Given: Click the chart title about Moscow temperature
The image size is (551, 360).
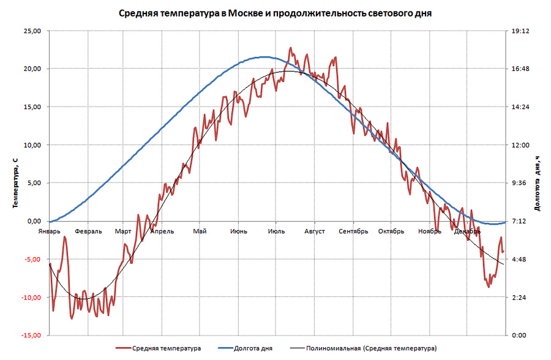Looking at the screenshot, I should pyautogui.click(x=275, y=13).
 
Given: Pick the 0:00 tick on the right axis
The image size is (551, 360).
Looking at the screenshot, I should pyautogui.click(x=520, y=336).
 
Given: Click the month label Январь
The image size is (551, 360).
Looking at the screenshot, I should pyautogui.click(x=49, y=231).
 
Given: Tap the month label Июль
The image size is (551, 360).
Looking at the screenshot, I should pyautogui.click(x=275, y=231).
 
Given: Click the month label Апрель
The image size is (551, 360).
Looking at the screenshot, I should pyautogui.click(x=162, y=231).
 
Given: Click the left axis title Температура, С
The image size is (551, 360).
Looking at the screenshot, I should pyautogui.click(x=13, y=182).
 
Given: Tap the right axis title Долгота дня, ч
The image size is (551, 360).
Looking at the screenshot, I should pyautogui.click(x=538, y=183).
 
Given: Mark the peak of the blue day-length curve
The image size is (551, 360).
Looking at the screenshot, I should pyautogui.click(x=264, y=57).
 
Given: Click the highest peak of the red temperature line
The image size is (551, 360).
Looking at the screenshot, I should pyautogui.click(x=291, y=48).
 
